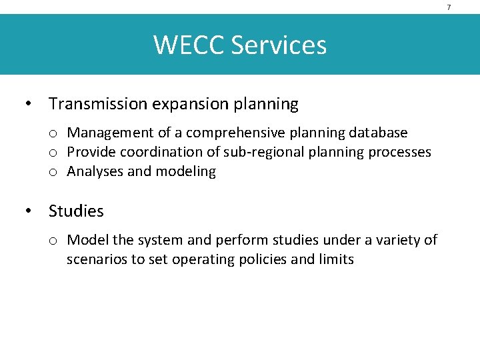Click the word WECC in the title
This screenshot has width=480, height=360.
(x=189, y=45)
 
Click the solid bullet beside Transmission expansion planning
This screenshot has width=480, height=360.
(x=28, y=105)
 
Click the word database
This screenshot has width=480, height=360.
(x=378, y=133)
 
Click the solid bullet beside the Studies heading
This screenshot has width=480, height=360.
(x=28, y=211)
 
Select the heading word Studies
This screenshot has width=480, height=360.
(x=76, y=211)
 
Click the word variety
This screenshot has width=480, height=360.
(x=397, y=240)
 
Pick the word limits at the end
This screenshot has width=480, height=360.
(x=337, y=259)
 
